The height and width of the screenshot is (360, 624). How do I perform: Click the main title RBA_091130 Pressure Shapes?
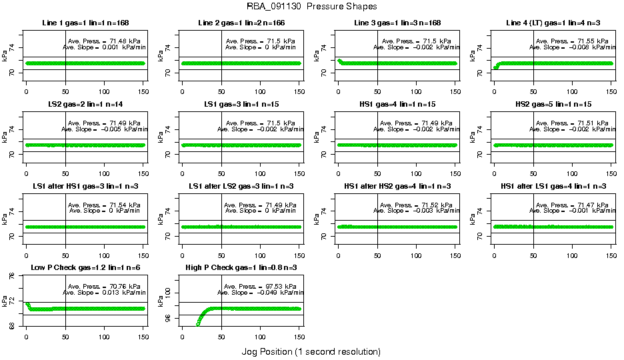pos(311,6)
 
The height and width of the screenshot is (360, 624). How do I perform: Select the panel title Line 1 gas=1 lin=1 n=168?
pos(85,23)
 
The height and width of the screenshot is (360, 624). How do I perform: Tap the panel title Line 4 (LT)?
pos(553,23)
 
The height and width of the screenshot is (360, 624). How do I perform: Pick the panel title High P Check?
pos(241,267)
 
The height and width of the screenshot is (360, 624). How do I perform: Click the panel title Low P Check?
pos(85,267)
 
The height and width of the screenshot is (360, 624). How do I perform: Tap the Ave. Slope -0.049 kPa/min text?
pos(261,292)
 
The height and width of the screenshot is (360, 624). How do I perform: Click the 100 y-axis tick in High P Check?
pos(161,293)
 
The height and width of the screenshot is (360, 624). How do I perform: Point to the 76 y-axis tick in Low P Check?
pos(4,281)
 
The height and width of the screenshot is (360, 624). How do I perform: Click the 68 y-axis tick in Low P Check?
pos(4,325)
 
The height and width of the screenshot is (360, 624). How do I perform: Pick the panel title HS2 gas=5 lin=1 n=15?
pos(553,105)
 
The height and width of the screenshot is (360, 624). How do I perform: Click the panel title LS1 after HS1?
pos(85,186)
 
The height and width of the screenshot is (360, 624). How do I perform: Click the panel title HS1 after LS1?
pos(553,186)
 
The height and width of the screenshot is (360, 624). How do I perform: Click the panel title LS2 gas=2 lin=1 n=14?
pos(85,105)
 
